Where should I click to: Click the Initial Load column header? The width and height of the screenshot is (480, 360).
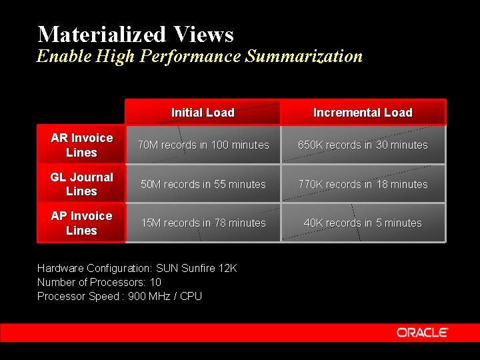point(203,113)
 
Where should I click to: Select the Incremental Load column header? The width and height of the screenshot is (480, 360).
point(363,113)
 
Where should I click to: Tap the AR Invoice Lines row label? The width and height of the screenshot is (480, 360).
point(81,145)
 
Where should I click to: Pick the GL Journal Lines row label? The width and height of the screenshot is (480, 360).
point(81,184)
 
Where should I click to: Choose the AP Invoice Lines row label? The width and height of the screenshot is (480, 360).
point(81,223)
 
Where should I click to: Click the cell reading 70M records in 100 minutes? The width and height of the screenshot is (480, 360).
point(203,145)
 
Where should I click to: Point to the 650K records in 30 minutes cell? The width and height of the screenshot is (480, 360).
point(363,145)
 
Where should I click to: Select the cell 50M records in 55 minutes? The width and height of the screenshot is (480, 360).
point(203,184)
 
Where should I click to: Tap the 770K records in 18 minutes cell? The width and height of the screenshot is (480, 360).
point(363,184)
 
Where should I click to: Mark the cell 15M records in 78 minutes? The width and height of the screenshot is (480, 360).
point(203,223)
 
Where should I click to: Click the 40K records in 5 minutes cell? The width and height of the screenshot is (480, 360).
point(363,223)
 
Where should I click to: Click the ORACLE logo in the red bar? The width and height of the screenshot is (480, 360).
point(423,332)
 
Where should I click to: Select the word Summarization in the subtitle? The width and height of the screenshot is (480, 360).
point(304,56)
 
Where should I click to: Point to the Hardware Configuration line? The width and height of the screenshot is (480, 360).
point(137,268)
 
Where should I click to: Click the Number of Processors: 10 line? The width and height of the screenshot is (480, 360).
point(99,282)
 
